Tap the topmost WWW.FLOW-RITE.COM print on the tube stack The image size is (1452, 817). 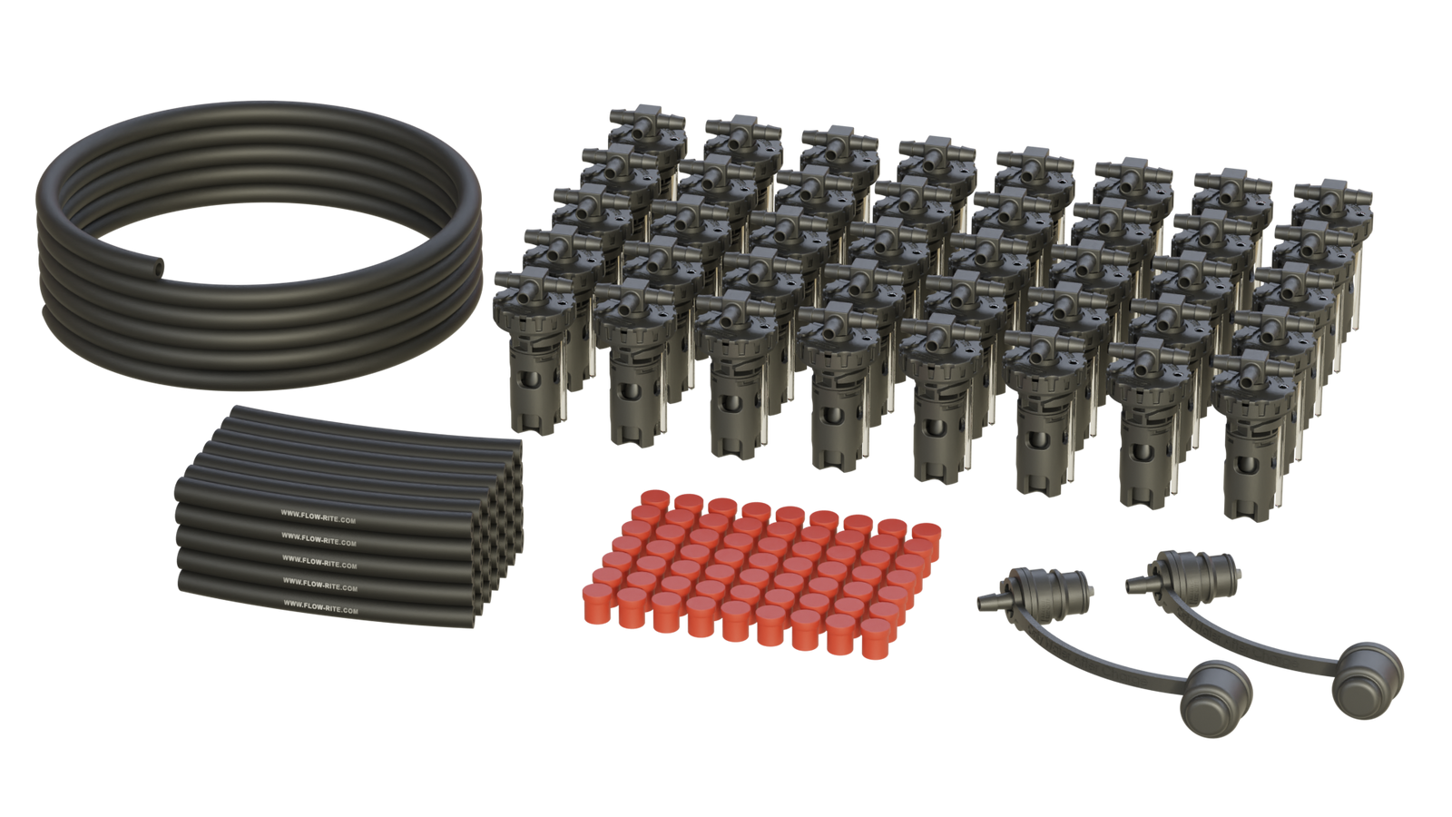[319, 517]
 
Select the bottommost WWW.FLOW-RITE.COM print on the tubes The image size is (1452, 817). [320, 607]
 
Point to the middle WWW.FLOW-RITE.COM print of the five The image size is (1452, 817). [319, 562]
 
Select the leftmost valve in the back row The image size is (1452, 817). [646, 140]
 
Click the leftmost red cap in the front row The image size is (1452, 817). [598, 603]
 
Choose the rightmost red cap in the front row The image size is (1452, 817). [878, 639]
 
